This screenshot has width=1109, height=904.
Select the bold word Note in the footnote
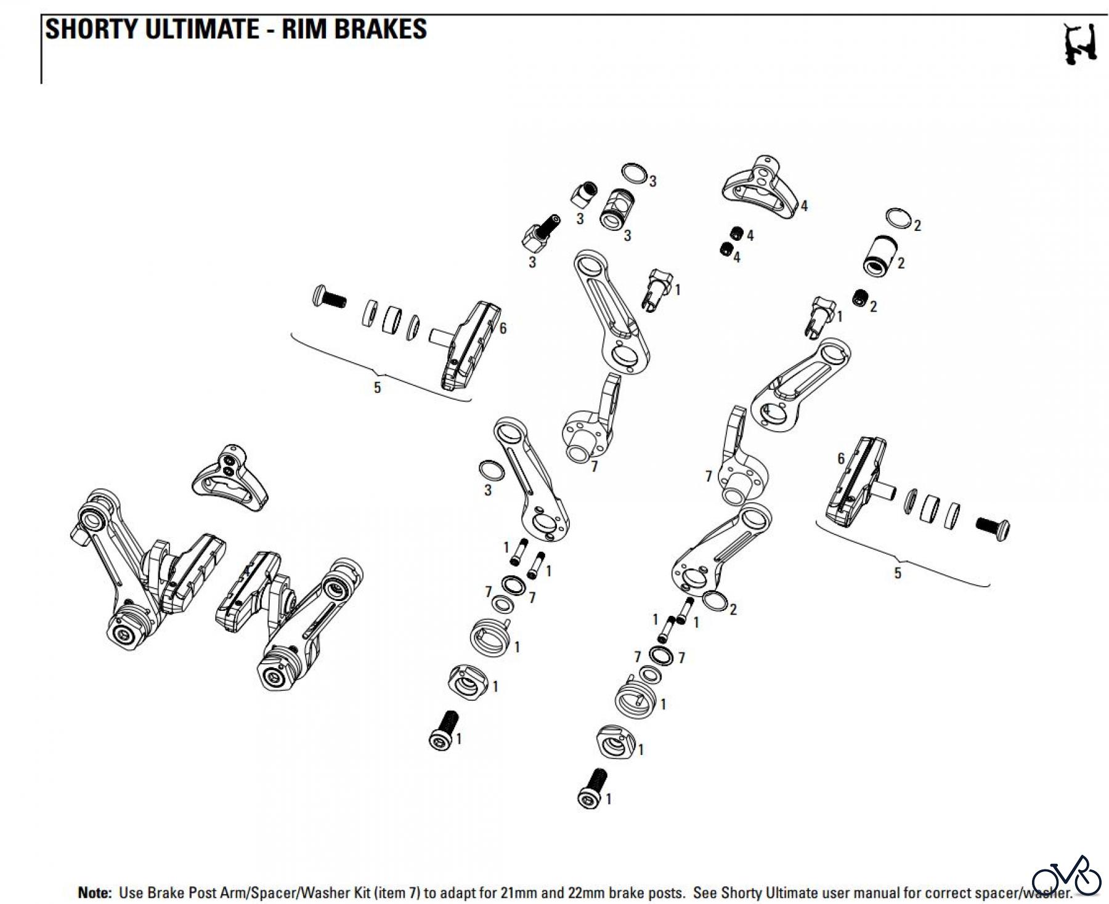coord(94,892)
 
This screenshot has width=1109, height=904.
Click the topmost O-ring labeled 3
coord(635,174)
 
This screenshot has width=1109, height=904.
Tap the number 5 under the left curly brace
coord(378,387)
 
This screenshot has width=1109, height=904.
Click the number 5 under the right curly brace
coord(897,573)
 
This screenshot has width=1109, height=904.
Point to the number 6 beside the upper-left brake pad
coord(503,328)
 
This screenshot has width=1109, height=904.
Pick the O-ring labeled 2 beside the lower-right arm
coord(714,600)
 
